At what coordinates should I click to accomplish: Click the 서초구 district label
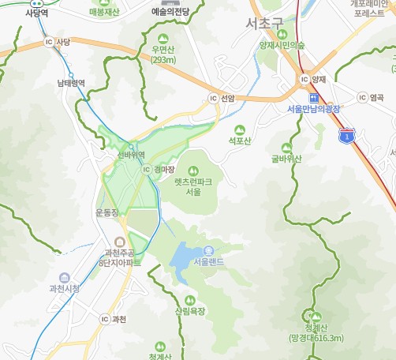point(264,23)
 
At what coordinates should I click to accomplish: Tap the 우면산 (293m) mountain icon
point(163,39)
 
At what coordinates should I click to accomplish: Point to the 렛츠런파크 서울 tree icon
point(193,168)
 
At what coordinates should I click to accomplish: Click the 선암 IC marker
point(211,99)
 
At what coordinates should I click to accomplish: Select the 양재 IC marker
point(304,79)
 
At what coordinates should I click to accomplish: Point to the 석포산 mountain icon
point(240,129)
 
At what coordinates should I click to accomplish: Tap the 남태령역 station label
point(70,82)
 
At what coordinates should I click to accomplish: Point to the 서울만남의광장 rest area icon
point(314,97)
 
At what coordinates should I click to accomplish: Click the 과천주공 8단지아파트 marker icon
point(120,242)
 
